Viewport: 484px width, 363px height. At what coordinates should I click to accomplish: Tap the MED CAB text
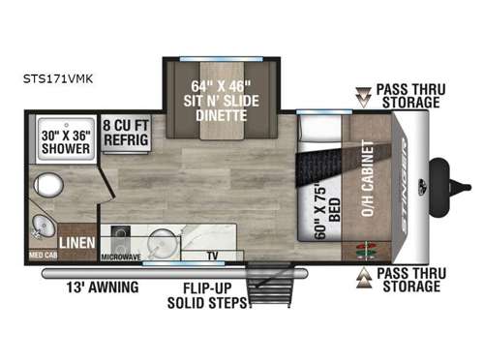(x=43, y=258)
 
